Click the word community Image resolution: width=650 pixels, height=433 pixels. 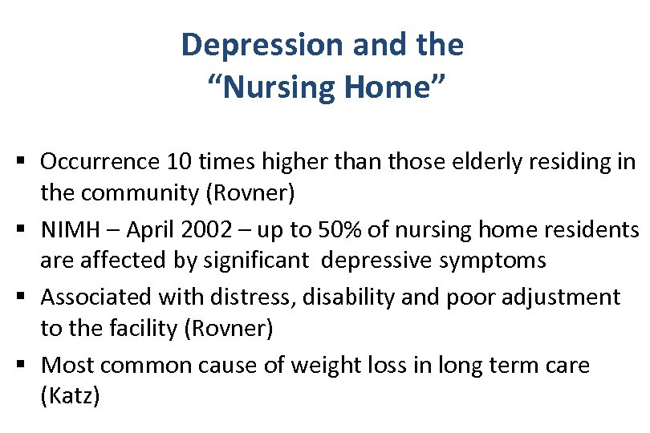pos(140,192)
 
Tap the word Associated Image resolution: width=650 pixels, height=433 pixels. pos(96,297)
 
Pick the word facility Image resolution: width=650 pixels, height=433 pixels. pos(137,329)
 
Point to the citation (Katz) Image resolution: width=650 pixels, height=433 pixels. pos(71,397)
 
